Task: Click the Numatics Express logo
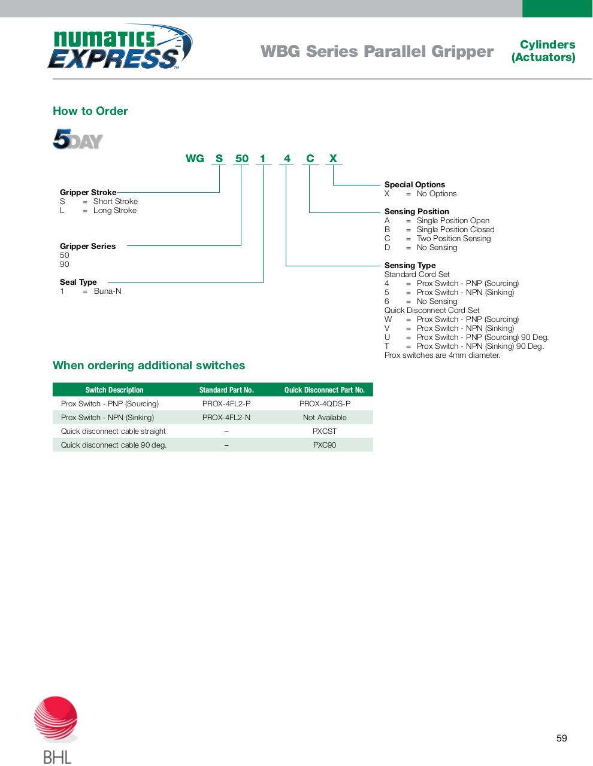pos(120,48)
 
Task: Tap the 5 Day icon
pos(78,139)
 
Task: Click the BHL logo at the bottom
pos(56,729)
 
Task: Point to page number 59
pos(561,738)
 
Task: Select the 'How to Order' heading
pos(90,111)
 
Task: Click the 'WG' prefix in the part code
pos(195,159)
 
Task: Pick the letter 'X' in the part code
pos(333,159)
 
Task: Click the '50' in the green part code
pos(241,159)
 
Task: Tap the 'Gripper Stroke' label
pos(88,192)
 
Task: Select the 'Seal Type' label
pos(78,282)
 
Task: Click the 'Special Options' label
pos(415,184)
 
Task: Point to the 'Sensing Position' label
pos(417,211)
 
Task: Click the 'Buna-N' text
pos(107,291)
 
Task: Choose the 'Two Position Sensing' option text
pos(453,238)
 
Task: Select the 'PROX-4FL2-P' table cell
pos(226,403)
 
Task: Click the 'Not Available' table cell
pos(325,417)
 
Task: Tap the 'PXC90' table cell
pos(325,445)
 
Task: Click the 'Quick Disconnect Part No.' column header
pos(325,390)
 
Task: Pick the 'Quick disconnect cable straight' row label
pos(113,431)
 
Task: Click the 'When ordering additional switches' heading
pos(149,365)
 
